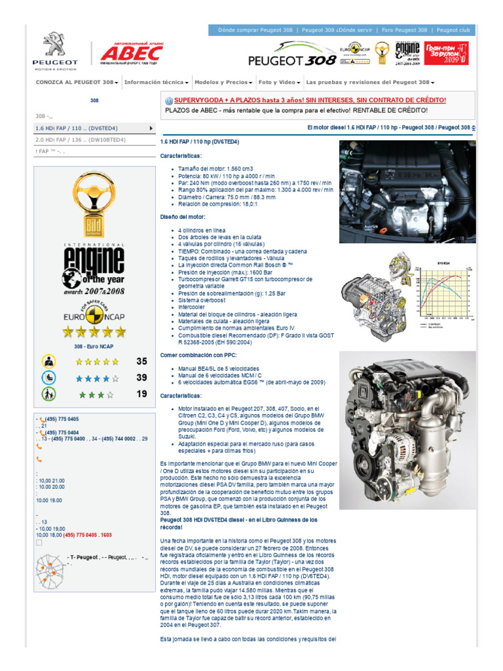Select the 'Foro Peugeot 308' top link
[405, 30]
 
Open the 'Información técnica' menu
[156, 83]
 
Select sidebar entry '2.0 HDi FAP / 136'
[81, 140]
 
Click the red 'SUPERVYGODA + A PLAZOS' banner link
[310, 100]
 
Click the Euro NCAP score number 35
[141, 361]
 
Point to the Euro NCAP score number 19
[141, 394]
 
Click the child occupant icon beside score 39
[50, 378]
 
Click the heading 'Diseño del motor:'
[183, 216]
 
